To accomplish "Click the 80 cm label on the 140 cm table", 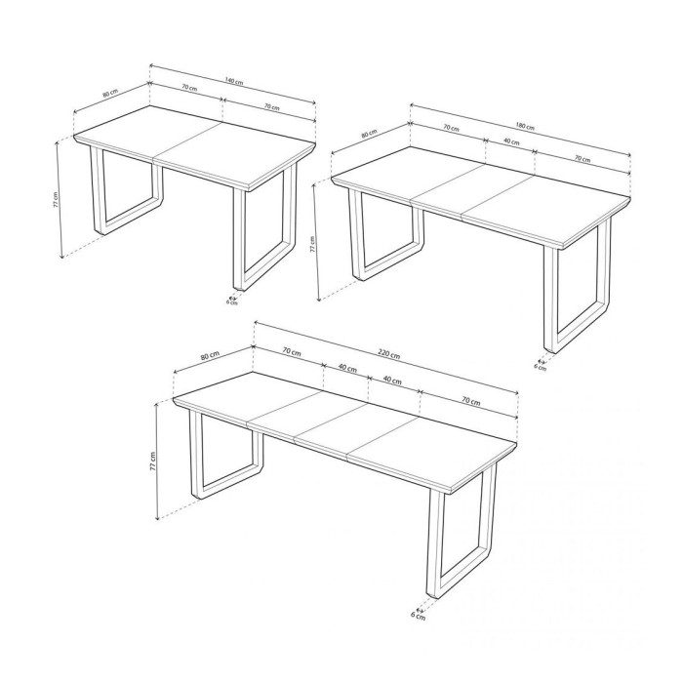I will pyautogui.click(x=109, y=95).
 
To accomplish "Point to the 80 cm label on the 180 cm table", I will pyautogui.click(x=369, y=134).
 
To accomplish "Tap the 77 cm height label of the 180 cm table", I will pyautogui.click(x=312, y=244).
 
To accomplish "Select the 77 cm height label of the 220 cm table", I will pyautogui.click(x=153, y=462).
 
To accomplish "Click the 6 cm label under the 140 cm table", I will pyautogui.click(x=232, y=302).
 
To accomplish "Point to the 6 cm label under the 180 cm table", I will pyautogui.click(x=541, y=367).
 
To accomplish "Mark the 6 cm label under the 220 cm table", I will pyautogui.click(x=418, y=616).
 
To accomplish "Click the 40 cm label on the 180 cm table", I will pyautogui.click(x=510, y=142).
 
